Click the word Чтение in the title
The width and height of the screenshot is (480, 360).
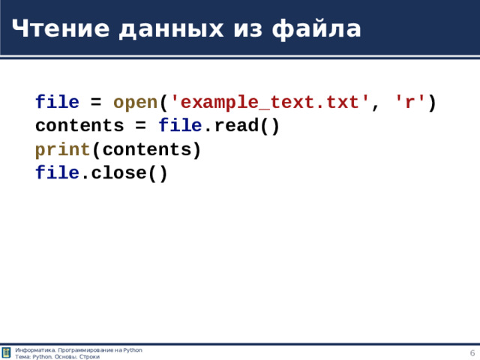(53, 28)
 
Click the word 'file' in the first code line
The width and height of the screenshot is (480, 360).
(57, 102)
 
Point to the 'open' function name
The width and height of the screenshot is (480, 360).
(135, 102)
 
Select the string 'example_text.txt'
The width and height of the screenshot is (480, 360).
(271, 102)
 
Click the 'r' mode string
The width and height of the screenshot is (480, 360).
(410, 102)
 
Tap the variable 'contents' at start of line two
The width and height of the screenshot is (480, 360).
(79, 126)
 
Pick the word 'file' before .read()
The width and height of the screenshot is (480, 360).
(180, 126)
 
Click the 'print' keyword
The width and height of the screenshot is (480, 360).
(62, 150)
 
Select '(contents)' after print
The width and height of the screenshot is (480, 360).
(146, 150)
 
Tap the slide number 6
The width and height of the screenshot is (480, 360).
(472, 353)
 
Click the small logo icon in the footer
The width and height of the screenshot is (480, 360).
(7, 353)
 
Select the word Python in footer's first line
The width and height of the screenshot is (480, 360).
(133, 350)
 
